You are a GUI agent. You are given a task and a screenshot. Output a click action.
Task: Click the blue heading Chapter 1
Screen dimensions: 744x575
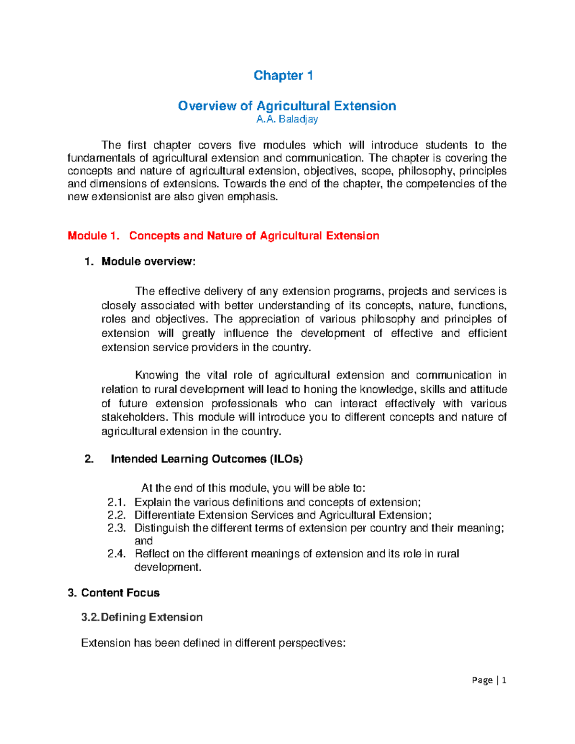(x=283, y=76)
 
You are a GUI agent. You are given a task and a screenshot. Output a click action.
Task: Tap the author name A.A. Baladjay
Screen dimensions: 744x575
(x=287, y=119)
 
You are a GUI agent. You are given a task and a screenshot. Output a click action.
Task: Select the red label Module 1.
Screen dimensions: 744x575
(x=93, y=236)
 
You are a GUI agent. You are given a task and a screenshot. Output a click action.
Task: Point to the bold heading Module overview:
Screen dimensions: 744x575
(x=149, y=262)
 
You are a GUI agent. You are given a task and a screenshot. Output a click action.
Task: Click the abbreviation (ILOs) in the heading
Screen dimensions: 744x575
(x=286, y=459)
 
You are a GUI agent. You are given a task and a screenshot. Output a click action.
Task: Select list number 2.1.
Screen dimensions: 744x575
(x=116, y=502)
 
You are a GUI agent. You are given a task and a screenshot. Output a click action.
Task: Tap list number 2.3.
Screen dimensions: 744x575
(x=116, y=528)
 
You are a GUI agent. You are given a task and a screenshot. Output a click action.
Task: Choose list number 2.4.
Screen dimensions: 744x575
(x=116, y=554)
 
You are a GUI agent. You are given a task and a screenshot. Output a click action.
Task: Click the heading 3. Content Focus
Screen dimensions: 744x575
(x=114, y=593)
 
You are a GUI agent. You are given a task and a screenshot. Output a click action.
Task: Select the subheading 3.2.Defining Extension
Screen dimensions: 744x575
(x=142, y=617)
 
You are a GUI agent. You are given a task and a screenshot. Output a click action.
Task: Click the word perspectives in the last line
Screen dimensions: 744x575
(x=312, y=643)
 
